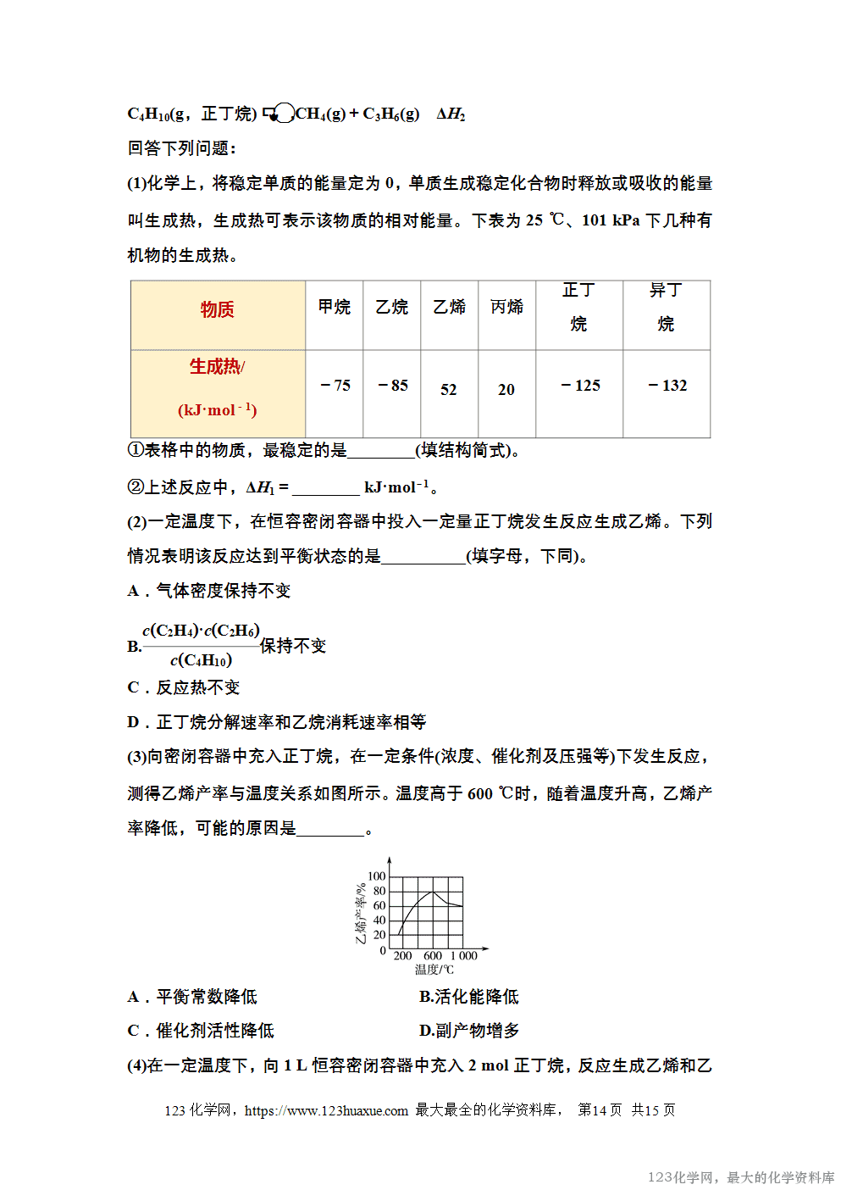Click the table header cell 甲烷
[x=335, y=307]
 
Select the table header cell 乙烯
[x=449, y=307]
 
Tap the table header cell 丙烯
[x=506, y=307]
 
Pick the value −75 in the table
[x=335, y=386]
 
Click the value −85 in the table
[x=393, y=386]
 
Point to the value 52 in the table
[x=449, y=390]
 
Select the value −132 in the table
[x=667, y=386]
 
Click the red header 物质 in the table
[x=218, y=309]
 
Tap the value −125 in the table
[x=580, y=386]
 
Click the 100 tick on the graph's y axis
[x=376, y=876]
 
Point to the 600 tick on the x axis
[x=433, y=956]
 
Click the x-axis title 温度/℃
[x=434, y=970]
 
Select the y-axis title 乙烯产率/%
[x=361, y=914]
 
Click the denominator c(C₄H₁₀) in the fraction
[x=202, y=660]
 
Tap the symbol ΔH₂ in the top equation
[x=451, y=114]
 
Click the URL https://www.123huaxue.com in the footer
[x=326, y=1110]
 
